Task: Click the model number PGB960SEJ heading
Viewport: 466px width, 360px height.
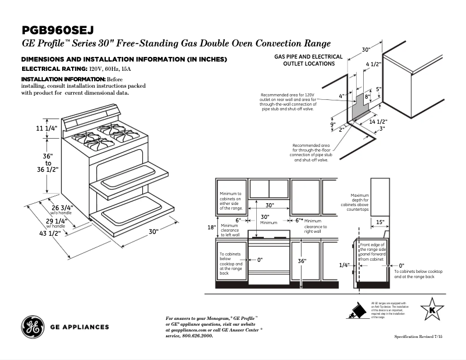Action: pos(58,30)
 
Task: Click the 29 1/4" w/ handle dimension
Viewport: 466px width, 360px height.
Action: pos(56,221)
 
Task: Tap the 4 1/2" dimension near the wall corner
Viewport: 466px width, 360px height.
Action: pos(373,64)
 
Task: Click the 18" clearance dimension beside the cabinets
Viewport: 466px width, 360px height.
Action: pos(212,227)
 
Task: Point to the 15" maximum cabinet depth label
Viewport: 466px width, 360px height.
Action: pos(379,222)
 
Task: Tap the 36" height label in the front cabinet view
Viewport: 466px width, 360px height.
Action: pos(302,261)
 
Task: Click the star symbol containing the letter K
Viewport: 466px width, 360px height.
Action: pos(431,309)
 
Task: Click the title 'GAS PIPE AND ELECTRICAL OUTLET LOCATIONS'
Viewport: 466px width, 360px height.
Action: pos(308,60)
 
